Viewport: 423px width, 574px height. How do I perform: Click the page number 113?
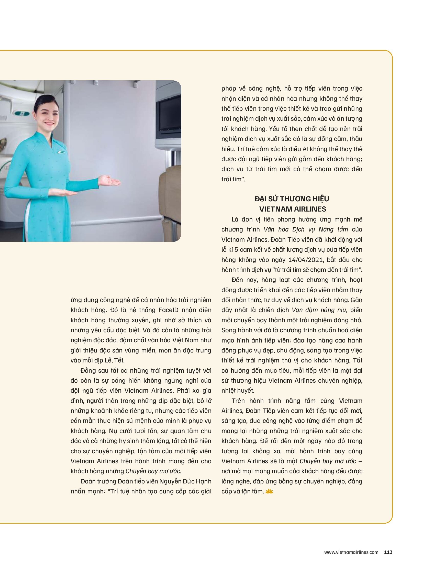(388, 552)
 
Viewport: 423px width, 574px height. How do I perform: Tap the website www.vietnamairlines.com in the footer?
(351, 552)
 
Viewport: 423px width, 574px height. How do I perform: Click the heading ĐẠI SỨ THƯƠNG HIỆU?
(292, 199)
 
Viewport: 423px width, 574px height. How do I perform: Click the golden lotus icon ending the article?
(270, 491)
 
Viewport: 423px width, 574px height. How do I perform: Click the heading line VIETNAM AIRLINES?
(292, 209)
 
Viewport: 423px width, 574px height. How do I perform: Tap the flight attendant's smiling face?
(54, 115)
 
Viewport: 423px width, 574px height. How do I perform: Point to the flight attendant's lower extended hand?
(60, 192)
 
